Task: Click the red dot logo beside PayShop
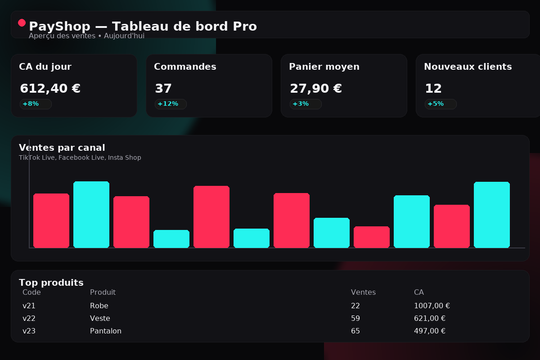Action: click(x=22, y=22)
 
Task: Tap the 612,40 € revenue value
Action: click(x=50, y=89)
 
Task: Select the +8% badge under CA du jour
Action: click(x=35, y=104)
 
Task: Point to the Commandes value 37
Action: click(x=163, y=89)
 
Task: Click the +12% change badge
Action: click(x=170, y=104)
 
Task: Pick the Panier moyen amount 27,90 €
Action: click(x=315, y=89)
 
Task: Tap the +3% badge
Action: click(x=305, y=104)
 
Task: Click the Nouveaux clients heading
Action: click(x=468, y=67)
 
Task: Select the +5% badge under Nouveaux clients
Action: click(x=440, y=104)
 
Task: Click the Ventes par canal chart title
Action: click(x=62, y=148)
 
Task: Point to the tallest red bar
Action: click(x=211, y=216)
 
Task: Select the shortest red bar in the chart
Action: click(x=371, y=237)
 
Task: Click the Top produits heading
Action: click(x=51, y=283)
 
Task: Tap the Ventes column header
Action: click(x=363, y=292)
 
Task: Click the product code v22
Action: click(x=29, y=319)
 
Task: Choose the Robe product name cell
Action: click(x=99, y=306)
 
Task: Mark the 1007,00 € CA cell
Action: click(x=432, y=306)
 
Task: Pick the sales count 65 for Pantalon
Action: click(x=355, y=331)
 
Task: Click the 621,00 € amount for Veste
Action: click(x=429, y=319)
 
